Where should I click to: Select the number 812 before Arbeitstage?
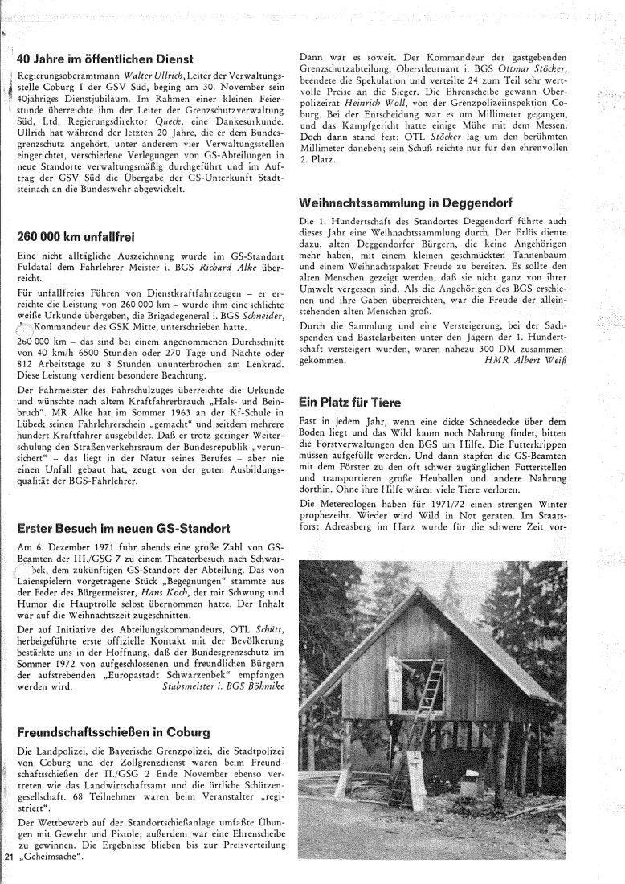pyautogui.click(x=29, y=362)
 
